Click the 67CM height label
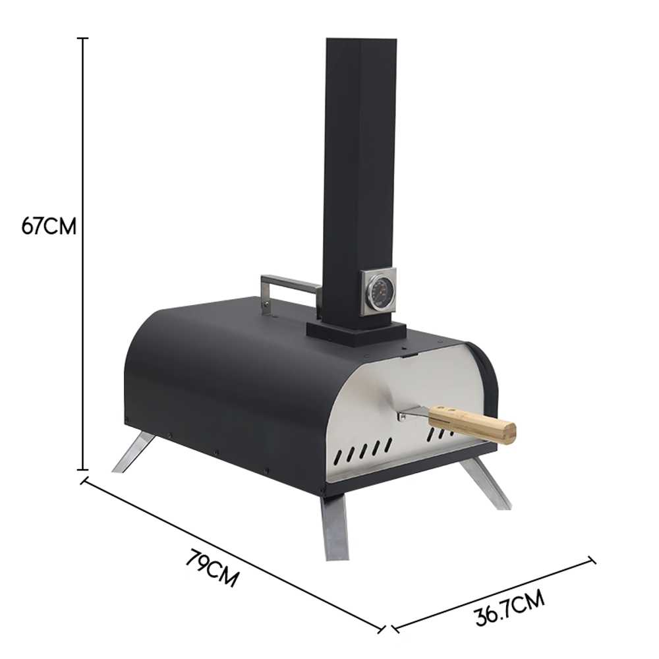pyautogui.click(x=49, y=227)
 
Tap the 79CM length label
pyautogui.click(x=212, y=568)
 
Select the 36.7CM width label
pyautogui.click(x=510, y=608)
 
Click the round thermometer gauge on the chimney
pyautogui.click(x=378, y=293)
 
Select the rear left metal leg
pyautogui.click(x=133, y=453)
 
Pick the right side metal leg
pyautogui.click(x=486, y=483)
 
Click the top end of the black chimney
pyautogui.click(x=361, y=40)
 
